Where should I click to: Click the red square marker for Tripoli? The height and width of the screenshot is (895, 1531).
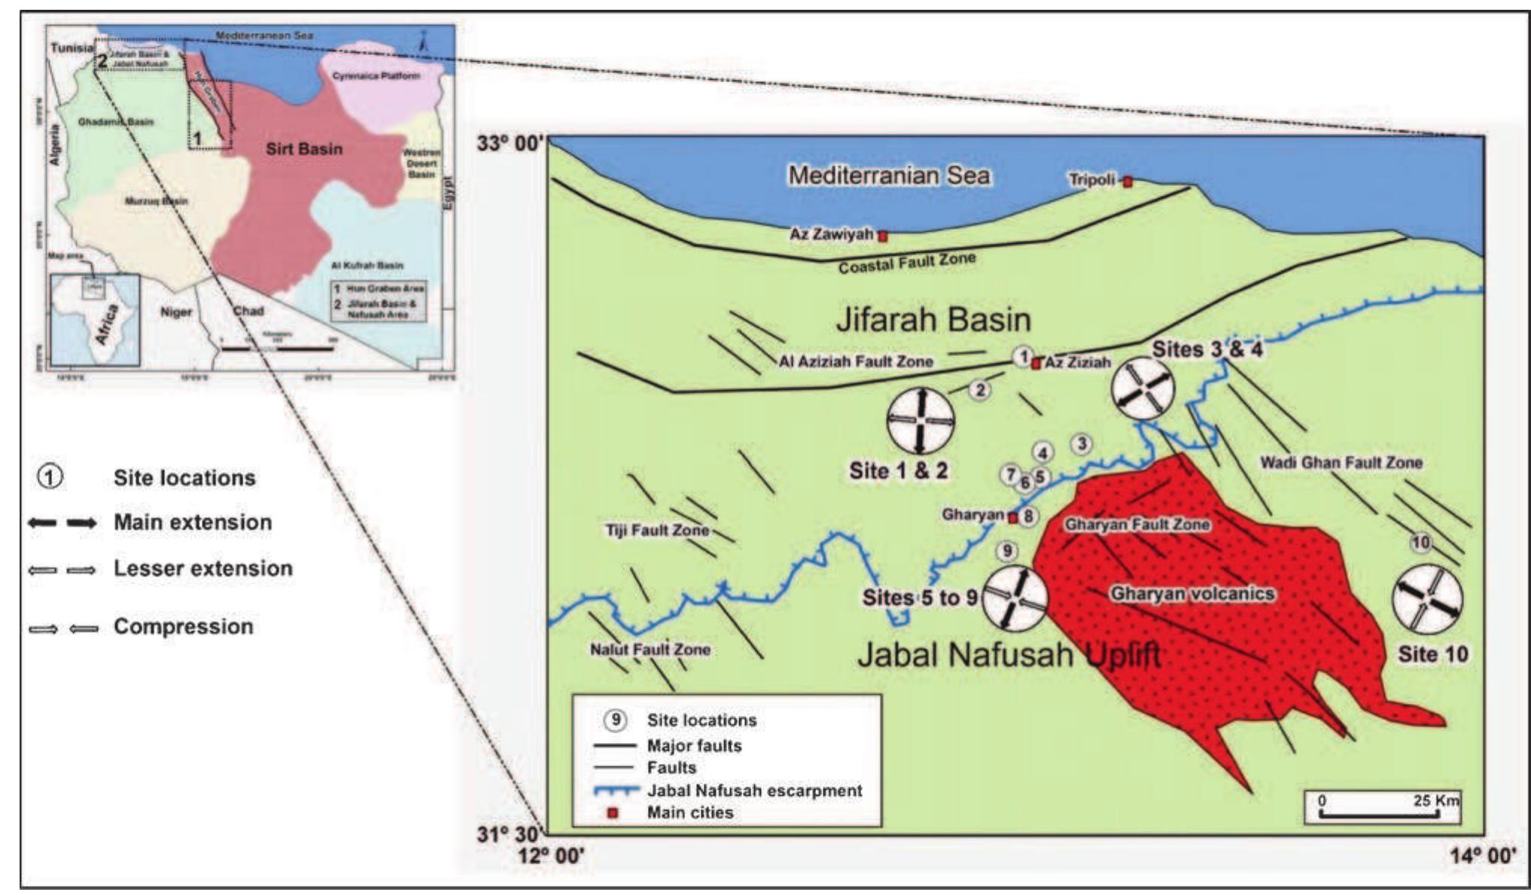tap(1128, 181)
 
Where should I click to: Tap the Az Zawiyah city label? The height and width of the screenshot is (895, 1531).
tap(831, 234)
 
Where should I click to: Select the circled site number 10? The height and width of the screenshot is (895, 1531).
tap(1420, 542)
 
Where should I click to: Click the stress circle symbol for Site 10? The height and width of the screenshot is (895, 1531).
tap(1427, 601)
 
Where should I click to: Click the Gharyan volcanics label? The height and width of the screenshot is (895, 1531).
tap(1192, 594)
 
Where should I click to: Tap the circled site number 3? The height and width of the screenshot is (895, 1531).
tap(1082, 444)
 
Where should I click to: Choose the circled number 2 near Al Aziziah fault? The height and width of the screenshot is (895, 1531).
tap(980, 390)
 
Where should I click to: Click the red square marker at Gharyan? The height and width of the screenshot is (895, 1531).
tap(1013, 518)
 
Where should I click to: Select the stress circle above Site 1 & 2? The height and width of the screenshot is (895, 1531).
tap(920, 421)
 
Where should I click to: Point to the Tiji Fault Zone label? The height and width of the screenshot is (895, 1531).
tap(657, 531)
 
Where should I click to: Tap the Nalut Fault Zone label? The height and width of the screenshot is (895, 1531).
tap(650, 650)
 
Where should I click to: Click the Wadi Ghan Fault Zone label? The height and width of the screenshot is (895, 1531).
tap(1341, 462)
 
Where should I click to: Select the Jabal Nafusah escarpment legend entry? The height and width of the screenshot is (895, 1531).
tap(754, 791)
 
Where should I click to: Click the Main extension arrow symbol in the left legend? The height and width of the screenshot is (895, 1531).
tap(62, 522)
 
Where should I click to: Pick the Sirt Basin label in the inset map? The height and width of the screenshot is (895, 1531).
tap(303, 149)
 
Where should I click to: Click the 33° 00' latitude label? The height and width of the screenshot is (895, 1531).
tap(510, 142)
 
